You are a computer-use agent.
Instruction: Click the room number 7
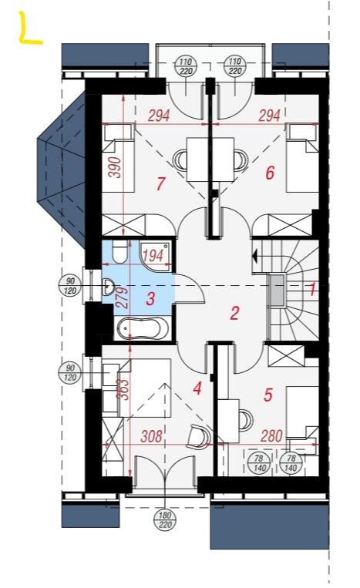(160, 183)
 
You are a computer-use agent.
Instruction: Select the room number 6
(270, 173)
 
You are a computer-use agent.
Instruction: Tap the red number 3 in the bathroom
(150, 299)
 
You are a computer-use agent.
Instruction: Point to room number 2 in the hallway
(235, 313)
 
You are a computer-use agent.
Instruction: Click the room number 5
(268, 395)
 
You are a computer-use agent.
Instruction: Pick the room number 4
(197, 388)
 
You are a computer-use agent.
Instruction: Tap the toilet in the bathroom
(120, 251)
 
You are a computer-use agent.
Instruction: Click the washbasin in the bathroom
(109, 287)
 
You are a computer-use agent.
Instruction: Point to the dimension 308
(152, 436)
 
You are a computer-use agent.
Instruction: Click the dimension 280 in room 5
(271, 435)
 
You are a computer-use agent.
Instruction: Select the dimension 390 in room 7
(115, 167)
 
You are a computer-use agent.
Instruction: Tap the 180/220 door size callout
(165, 519)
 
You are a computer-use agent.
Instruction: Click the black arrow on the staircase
(255, 257)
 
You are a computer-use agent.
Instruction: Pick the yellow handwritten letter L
(30, 29)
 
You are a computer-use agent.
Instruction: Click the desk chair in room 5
(246, 420)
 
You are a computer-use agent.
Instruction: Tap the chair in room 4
(200, 436)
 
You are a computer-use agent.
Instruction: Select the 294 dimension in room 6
(270, 116)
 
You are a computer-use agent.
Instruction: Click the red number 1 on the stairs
(312, 289)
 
